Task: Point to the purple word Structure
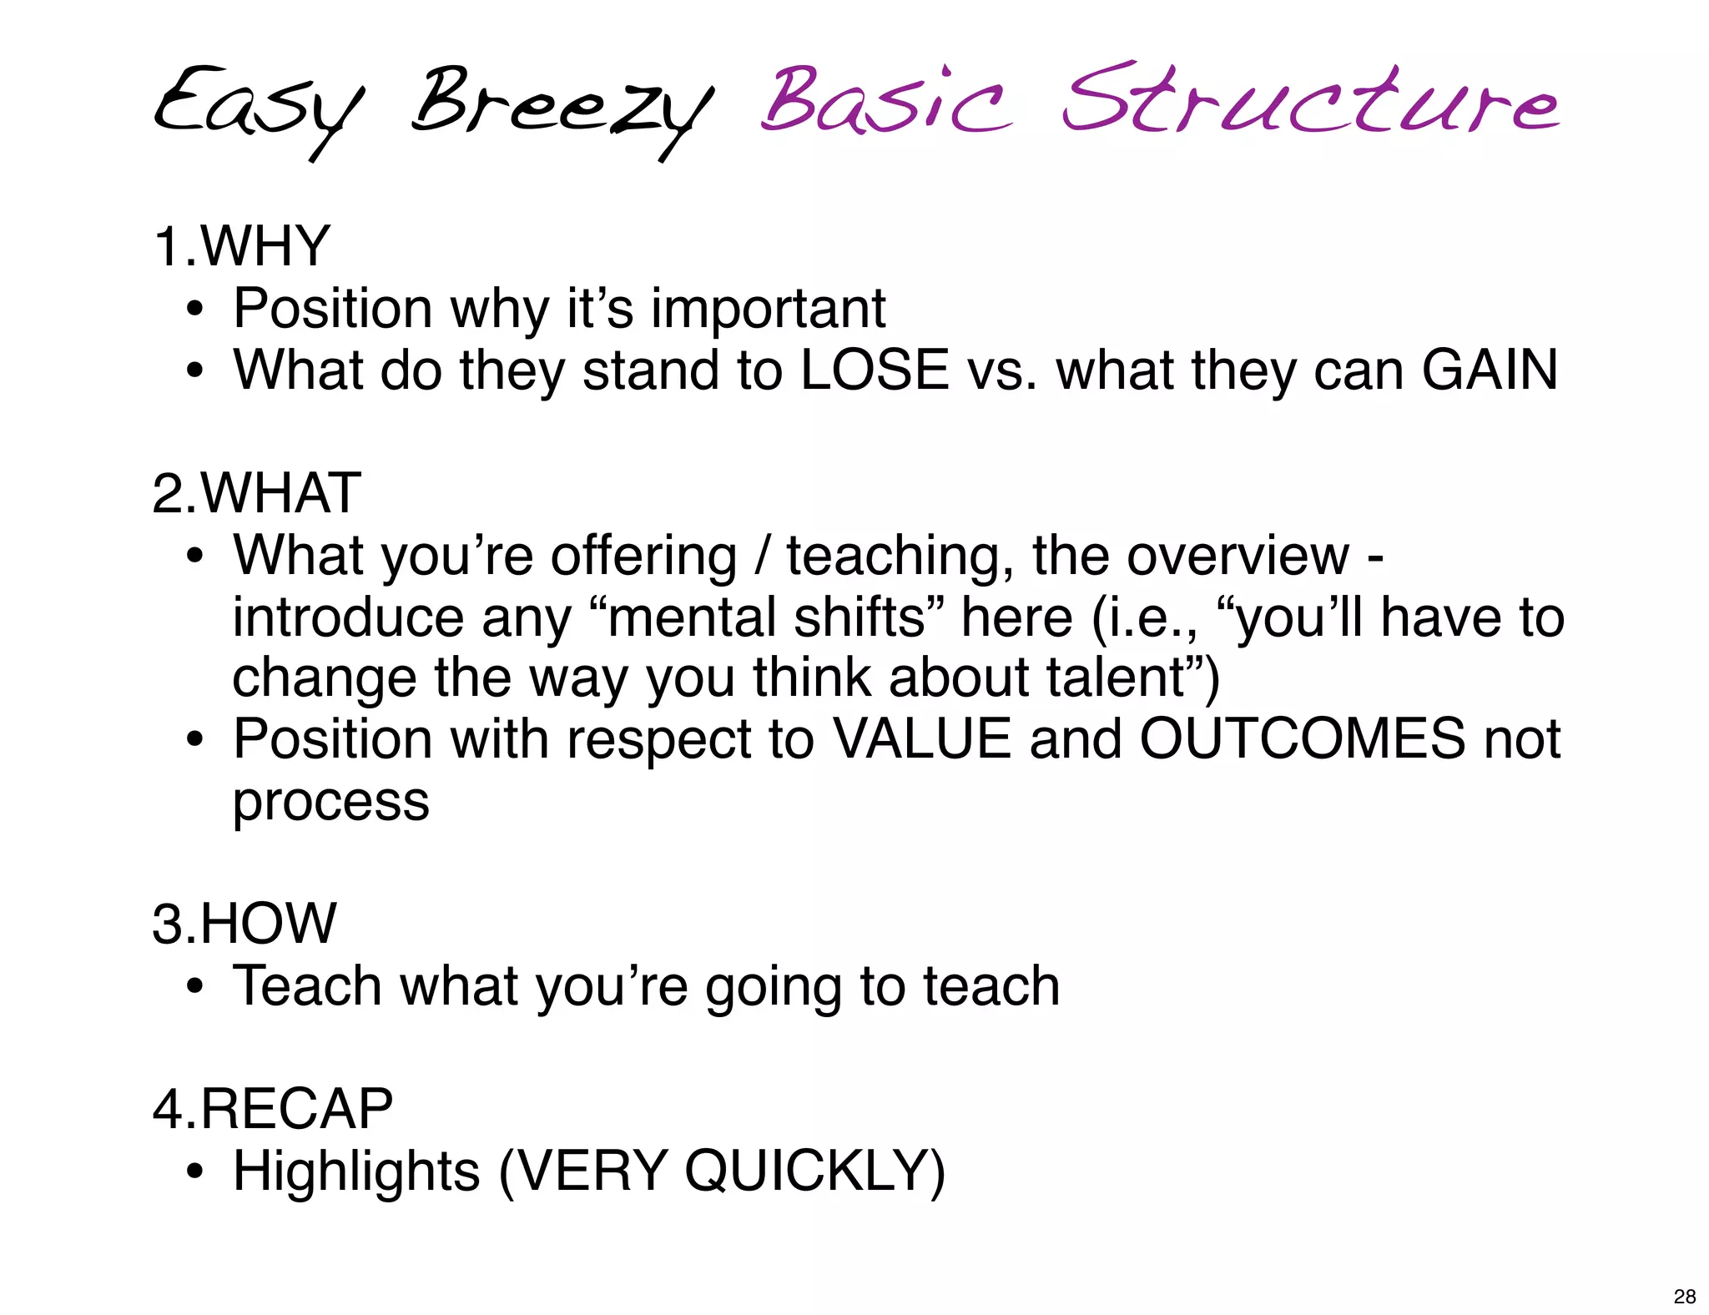tap(1310, 100)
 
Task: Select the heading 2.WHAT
tap(257, 493)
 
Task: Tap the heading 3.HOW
tap(245, 924)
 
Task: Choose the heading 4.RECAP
tap(273, 1109)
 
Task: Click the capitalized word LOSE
tap(875, 370)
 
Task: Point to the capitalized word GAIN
tap(1490, 370)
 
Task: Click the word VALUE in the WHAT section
tap(923, 739)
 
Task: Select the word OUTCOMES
tap(1302, 739)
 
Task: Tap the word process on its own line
tap(331, 803)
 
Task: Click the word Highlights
tap(357, 1171)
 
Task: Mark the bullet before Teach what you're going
tap(195, 987)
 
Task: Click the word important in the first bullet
tap(768, 309)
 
